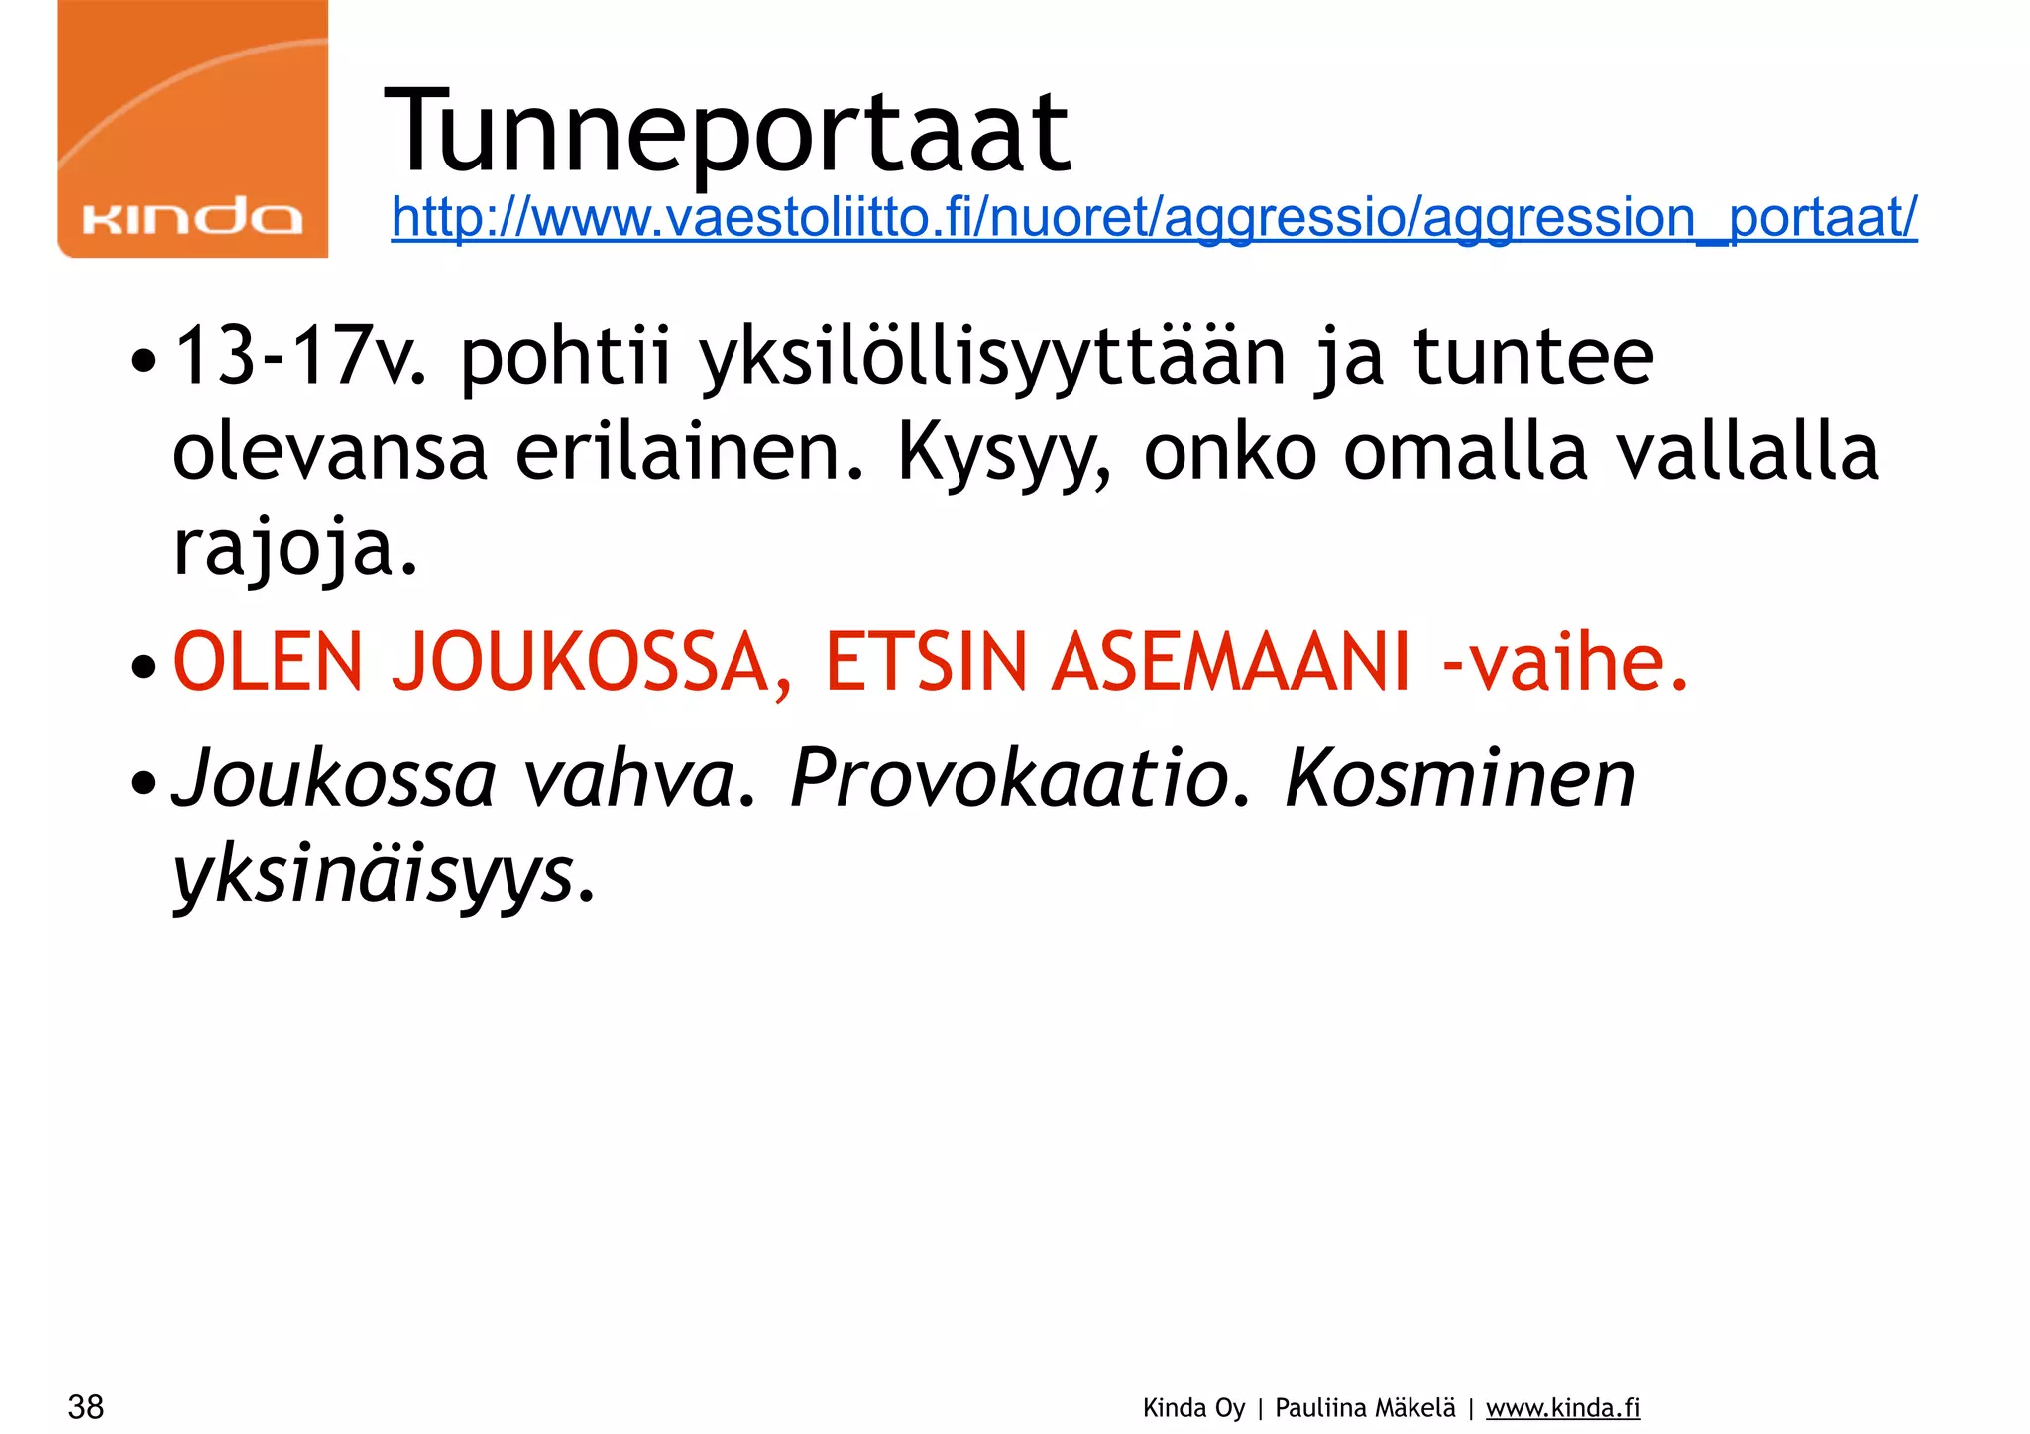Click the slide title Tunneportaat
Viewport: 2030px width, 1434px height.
coord(727,131)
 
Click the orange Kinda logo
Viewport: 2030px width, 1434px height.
coord(193,129)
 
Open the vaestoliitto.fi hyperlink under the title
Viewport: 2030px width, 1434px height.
coord(1154,217)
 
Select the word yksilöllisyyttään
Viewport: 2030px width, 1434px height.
coord(992,359)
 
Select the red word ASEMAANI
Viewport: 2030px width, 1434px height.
coord(1230,662)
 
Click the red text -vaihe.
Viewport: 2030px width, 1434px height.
coord(1565,662)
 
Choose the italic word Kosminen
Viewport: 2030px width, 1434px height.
coord(1459,779)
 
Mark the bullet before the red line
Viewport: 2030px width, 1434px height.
coord(144,666)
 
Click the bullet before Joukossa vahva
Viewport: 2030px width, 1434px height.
coord(144,782)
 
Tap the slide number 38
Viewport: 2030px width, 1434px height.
coord(86,1406)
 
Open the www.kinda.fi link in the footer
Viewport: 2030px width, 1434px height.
coord(1563,1408)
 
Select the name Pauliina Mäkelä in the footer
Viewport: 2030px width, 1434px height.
coord(1365,1408)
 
